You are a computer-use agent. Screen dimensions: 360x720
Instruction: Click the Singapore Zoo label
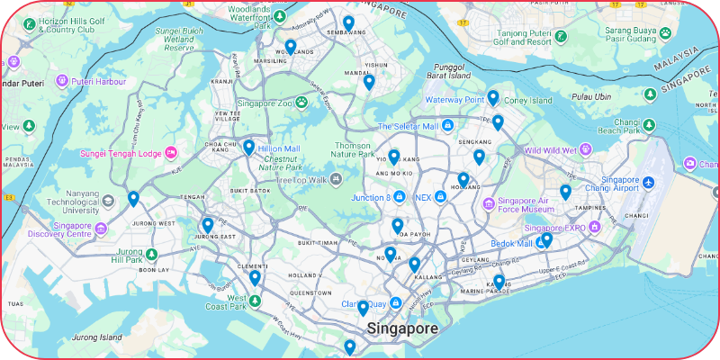click(267, 103)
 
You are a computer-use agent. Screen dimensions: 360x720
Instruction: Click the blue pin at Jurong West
click(133, 199)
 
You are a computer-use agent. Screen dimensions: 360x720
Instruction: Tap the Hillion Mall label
click(279, 148)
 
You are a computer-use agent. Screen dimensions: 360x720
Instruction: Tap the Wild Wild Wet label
click(550, 150)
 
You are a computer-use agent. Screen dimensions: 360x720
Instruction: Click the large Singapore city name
click(402, 328)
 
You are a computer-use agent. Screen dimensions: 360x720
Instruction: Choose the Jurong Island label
click(97, 337)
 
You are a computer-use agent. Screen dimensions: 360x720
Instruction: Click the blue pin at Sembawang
click(348, 22)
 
